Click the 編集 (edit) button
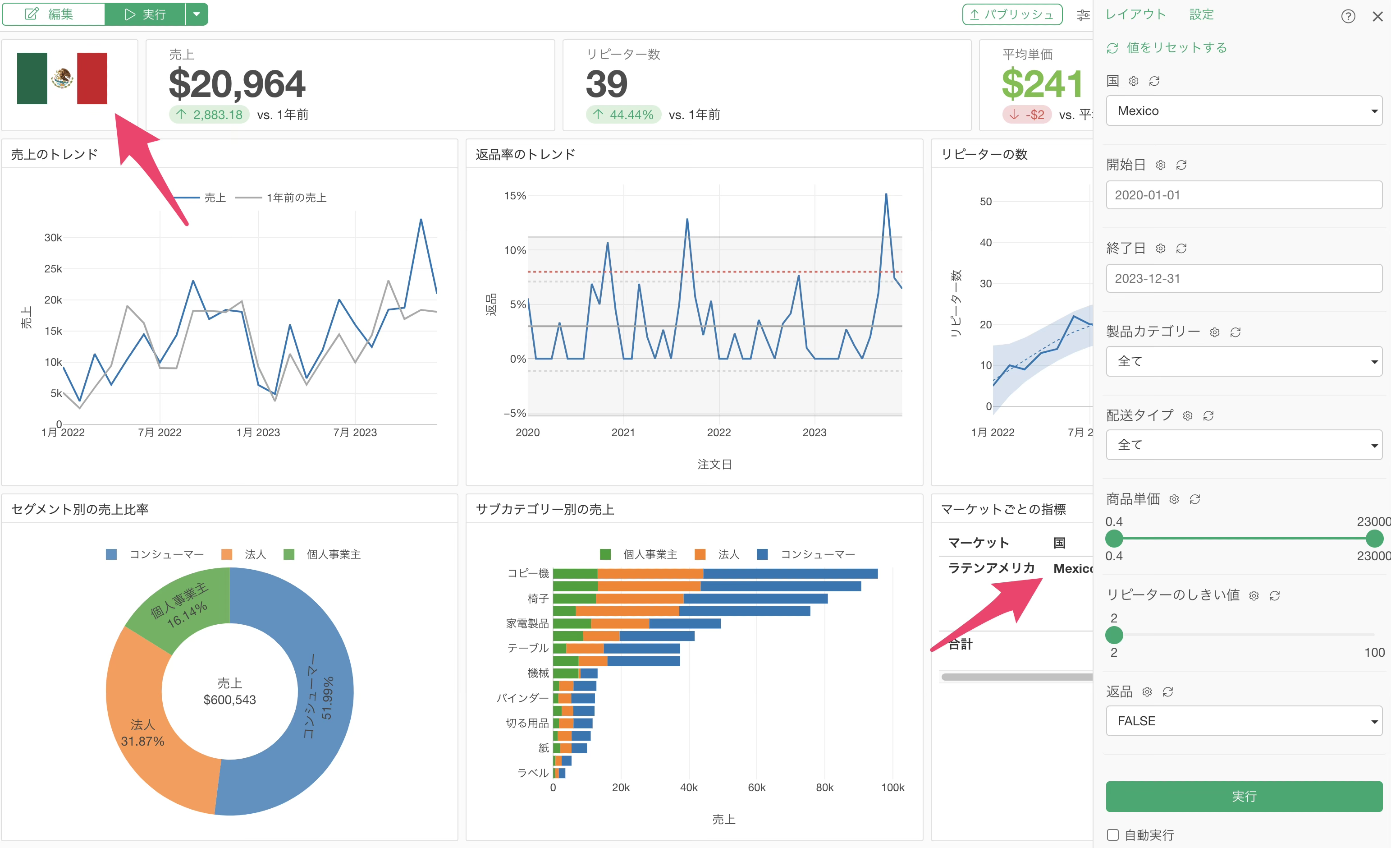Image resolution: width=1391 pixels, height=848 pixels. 54,14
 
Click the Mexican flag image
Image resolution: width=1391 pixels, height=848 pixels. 62,78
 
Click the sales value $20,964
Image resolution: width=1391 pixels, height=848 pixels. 237,83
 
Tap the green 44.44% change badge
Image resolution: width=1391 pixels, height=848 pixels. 623,115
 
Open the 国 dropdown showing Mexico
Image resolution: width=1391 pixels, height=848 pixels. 1244,111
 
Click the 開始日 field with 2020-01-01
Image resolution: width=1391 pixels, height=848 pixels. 1244,195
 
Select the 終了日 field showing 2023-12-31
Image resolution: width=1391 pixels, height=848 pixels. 1244,278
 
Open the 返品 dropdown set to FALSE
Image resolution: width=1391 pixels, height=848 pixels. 1244,721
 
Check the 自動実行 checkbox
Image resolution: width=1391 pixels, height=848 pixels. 1113,834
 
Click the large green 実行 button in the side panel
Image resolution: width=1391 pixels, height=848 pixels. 1244,796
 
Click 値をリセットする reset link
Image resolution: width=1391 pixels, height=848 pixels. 1176,47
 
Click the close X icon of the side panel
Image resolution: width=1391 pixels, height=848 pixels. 1377,16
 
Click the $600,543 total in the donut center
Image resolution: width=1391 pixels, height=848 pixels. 230,700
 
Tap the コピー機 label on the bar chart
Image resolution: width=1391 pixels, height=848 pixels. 528,573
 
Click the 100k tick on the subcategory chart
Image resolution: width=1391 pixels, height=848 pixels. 892,787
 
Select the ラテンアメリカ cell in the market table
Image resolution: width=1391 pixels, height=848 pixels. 991,568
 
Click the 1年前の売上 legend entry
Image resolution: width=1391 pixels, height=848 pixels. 297,197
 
